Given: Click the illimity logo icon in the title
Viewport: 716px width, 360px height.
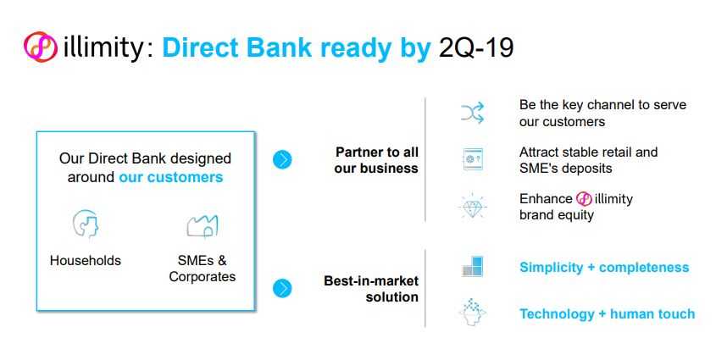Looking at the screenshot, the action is click(x=41, y=47).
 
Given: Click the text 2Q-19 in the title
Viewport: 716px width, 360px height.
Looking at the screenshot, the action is click(x=476, y=47).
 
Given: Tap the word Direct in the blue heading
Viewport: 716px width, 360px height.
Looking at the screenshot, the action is click(x=199, y=47).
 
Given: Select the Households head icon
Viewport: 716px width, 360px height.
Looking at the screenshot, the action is click(x=86, y=224).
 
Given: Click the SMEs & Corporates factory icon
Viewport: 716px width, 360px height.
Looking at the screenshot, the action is click(x=203, y=226).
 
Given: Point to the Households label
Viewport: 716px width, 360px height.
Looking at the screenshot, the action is click(x=86, y=261).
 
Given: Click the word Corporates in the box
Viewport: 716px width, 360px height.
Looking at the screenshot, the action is click(x=203, y=277).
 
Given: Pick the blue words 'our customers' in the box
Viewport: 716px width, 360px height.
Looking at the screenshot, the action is click(x=171, y=177).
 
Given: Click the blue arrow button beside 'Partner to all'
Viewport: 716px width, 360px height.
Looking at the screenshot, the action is click(x=282, y=159).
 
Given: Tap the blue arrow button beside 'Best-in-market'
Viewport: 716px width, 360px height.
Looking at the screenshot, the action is click(x=282, y=288).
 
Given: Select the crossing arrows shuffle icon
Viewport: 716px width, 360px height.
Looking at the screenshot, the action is click(x=472, y=114).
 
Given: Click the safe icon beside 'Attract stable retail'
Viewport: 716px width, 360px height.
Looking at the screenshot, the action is click(x=472, y=159).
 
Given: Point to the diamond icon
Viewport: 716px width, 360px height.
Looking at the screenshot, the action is click(x=472, y=206).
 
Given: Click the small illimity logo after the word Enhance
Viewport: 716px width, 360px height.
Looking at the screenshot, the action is click(x=584, y=199).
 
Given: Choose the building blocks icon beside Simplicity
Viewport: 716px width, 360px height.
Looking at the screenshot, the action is click(x=472, y=267).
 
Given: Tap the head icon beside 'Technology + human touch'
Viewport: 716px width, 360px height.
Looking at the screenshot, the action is click(x=472, y=313).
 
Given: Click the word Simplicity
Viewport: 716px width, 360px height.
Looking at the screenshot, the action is click(x=551, y=268).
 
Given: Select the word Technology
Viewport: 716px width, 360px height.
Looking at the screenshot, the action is click(x=557, y=314).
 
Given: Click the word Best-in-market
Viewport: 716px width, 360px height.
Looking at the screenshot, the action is click(x=371, y=280).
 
